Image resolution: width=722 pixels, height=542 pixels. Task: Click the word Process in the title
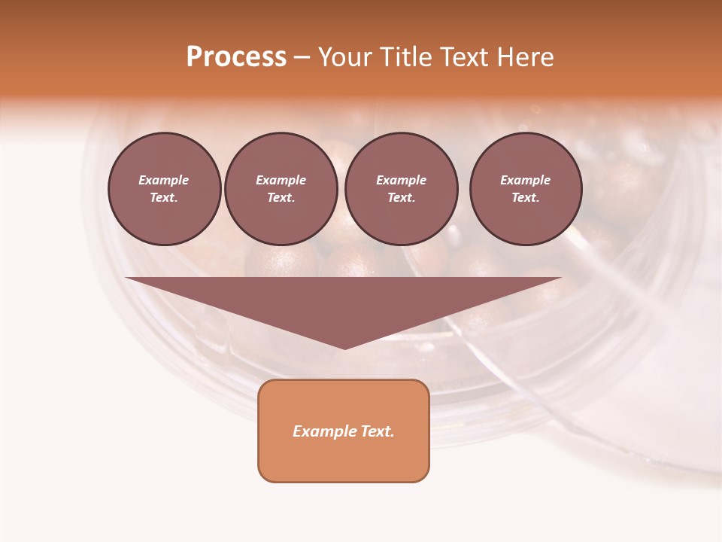pyautogui.click(x=236, y=57)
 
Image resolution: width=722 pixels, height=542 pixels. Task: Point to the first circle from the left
pyautogui.click(x=164, y=189)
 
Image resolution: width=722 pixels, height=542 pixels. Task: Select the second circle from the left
pyautogui.click(x=281, y=189)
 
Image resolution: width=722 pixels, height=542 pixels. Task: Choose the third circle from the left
pyautogui.click(x=401, y=189)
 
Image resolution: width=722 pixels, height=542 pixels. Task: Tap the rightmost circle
pyautogui.click(x=525, y=189)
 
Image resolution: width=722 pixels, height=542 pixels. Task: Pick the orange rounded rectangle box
pyautogui.click(x=344, y=431)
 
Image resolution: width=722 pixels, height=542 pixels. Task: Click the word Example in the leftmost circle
pyautogui.click(x=164, y=180)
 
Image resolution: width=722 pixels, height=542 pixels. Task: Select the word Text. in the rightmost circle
pyautogui.click(x=525, y=198)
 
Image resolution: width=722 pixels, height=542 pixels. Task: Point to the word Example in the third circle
pyautogui.click(x=401, y=180)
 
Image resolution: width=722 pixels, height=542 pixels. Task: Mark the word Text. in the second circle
pyautogui.click(x=281, y=198)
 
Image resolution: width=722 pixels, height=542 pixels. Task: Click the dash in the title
pyautogui.click(x=302, y=57)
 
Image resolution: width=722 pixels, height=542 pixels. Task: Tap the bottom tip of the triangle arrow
pyautogui.click(x=344, y=346)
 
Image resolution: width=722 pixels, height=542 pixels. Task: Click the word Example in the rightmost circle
pyautogui.click(x=525, y=180)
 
